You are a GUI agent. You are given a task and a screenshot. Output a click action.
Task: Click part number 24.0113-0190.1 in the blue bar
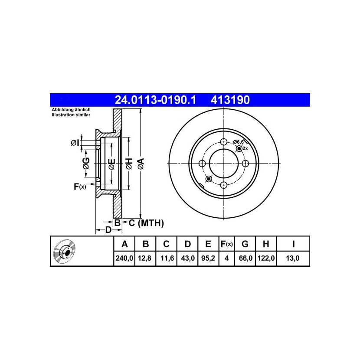click(155, 100)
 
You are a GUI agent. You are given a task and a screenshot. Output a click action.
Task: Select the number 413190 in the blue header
click(230, 100)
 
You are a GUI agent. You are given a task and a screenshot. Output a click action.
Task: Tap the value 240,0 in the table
click(124, 259)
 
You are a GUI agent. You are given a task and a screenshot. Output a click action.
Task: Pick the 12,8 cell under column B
click(144, 259)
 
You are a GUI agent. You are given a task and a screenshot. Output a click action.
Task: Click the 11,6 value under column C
click(167, 259)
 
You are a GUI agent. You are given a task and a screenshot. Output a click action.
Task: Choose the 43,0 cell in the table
click(188, 259)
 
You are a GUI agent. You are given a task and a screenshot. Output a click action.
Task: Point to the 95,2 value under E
click(208, 259)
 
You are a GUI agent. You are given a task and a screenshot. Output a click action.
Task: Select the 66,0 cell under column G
click(245, 259)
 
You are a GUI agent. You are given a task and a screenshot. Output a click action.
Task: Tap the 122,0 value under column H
click(266, 259)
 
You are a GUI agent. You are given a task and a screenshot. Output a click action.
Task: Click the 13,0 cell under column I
click(292, 259)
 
